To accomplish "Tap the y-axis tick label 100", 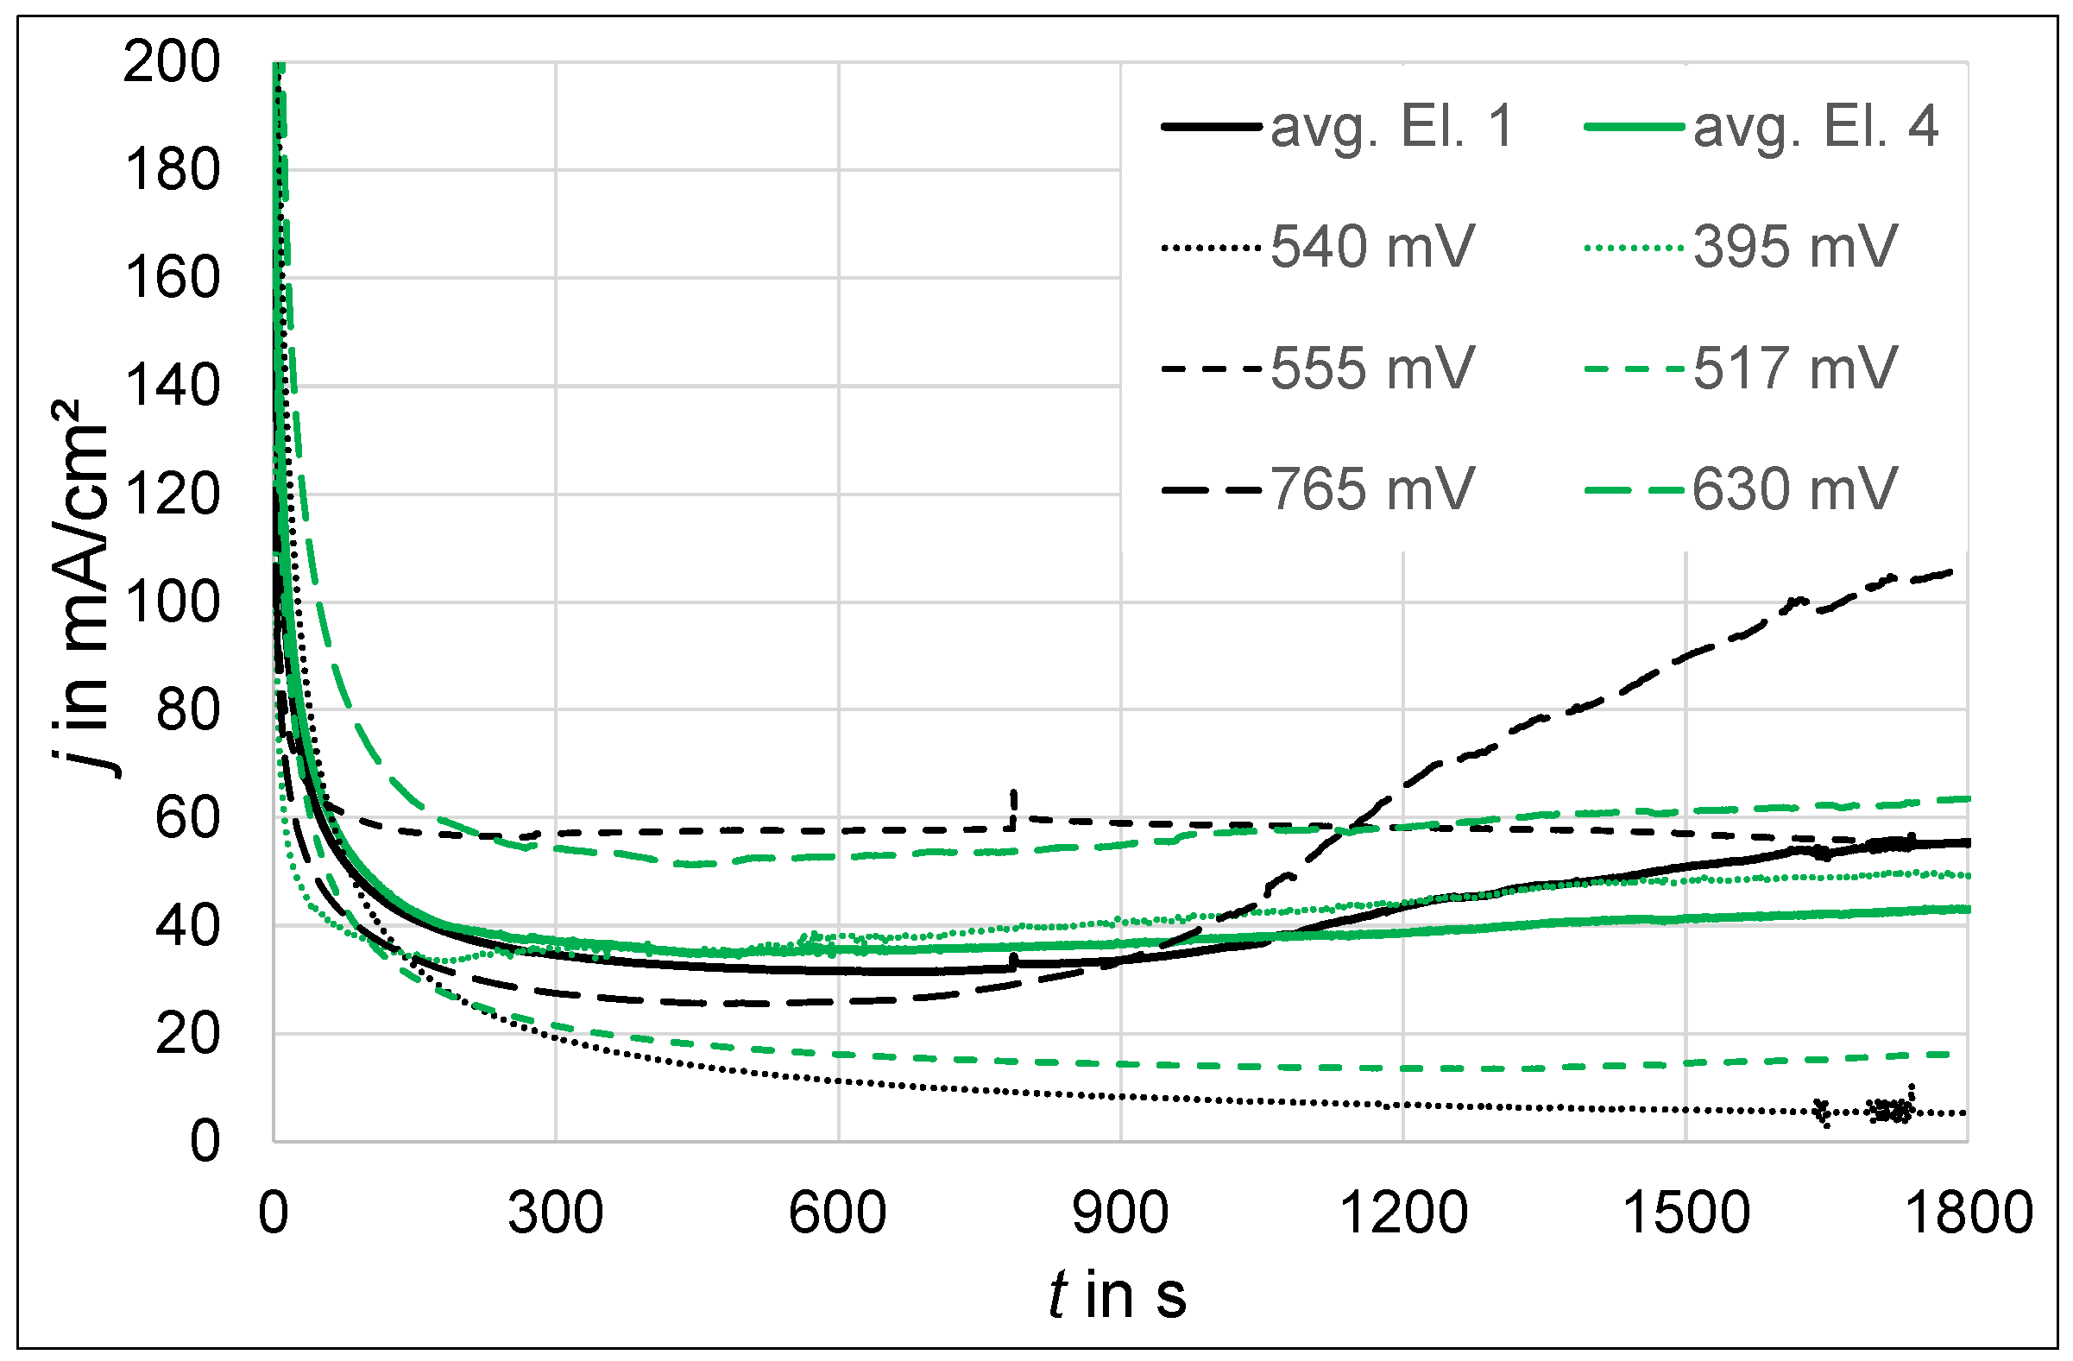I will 172,602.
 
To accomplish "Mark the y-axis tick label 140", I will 172,387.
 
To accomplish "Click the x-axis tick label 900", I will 1120,1213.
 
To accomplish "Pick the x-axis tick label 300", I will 556,1213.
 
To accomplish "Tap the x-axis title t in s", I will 1118,1295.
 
